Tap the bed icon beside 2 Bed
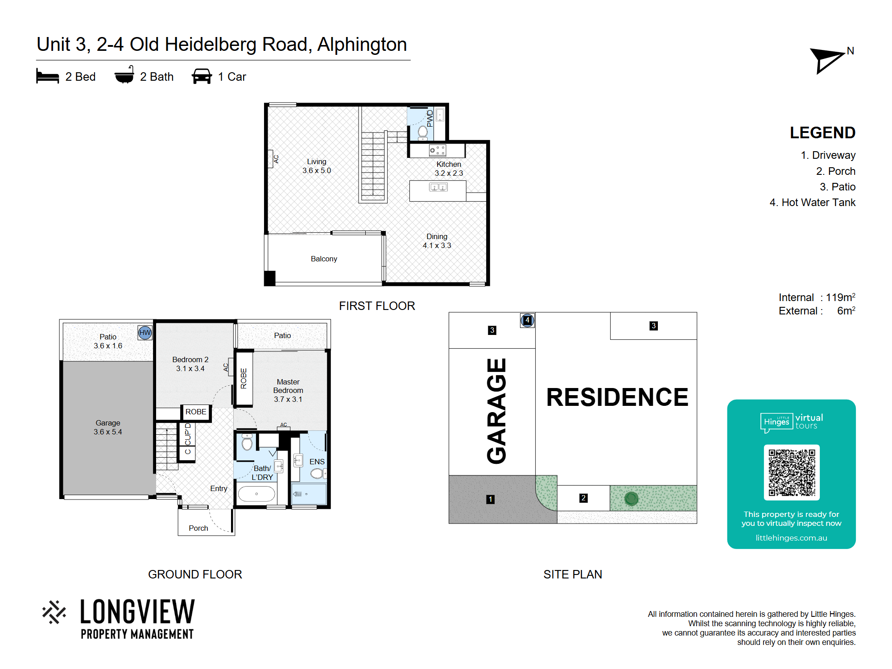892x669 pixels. tap(47, 76)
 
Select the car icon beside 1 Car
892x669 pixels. tap(202, 76)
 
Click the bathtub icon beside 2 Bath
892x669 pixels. tap(124, 75)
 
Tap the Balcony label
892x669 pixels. tap(324, 259)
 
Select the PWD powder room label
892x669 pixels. tap(430, 119)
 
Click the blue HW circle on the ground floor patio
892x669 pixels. tap(145, 332)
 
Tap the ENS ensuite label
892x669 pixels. tap(317, 462)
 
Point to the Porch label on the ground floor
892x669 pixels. tap(198, 528)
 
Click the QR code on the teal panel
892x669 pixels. tap(792, 472)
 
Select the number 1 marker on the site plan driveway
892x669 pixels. tap(491, 499)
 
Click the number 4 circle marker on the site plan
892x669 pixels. tap(528, 320)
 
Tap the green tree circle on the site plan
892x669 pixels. tap(632, 498)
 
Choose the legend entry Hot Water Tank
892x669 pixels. tap(812, 202)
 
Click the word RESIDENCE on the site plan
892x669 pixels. tap(617, 397)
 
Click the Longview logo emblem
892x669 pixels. tap(54, 612)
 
